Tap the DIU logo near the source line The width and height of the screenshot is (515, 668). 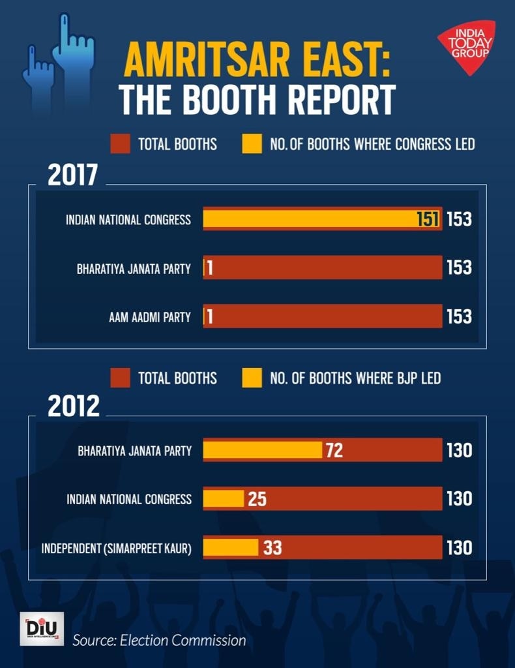point(42,629)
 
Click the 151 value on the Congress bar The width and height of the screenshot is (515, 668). point(428,219)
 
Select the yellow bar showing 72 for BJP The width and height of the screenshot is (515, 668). point(263,450)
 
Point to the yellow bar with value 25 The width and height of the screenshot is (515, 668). point(224,499)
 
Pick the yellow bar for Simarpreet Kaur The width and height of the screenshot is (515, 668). point(231,547)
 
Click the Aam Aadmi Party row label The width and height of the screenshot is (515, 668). point(150,317)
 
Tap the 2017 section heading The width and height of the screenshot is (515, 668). point(72,175)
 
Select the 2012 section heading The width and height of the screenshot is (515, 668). point(74,406)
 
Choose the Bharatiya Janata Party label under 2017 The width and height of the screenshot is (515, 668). point(134,268)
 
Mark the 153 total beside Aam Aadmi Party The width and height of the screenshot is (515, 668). point(459,317)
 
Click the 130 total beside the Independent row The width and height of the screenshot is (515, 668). point(459,547)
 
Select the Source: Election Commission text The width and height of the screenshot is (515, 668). point(159,640)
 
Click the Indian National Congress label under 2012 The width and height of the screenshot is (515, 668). point(129,499)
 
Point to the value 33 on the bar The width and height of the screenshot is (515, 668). point(272,547)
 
